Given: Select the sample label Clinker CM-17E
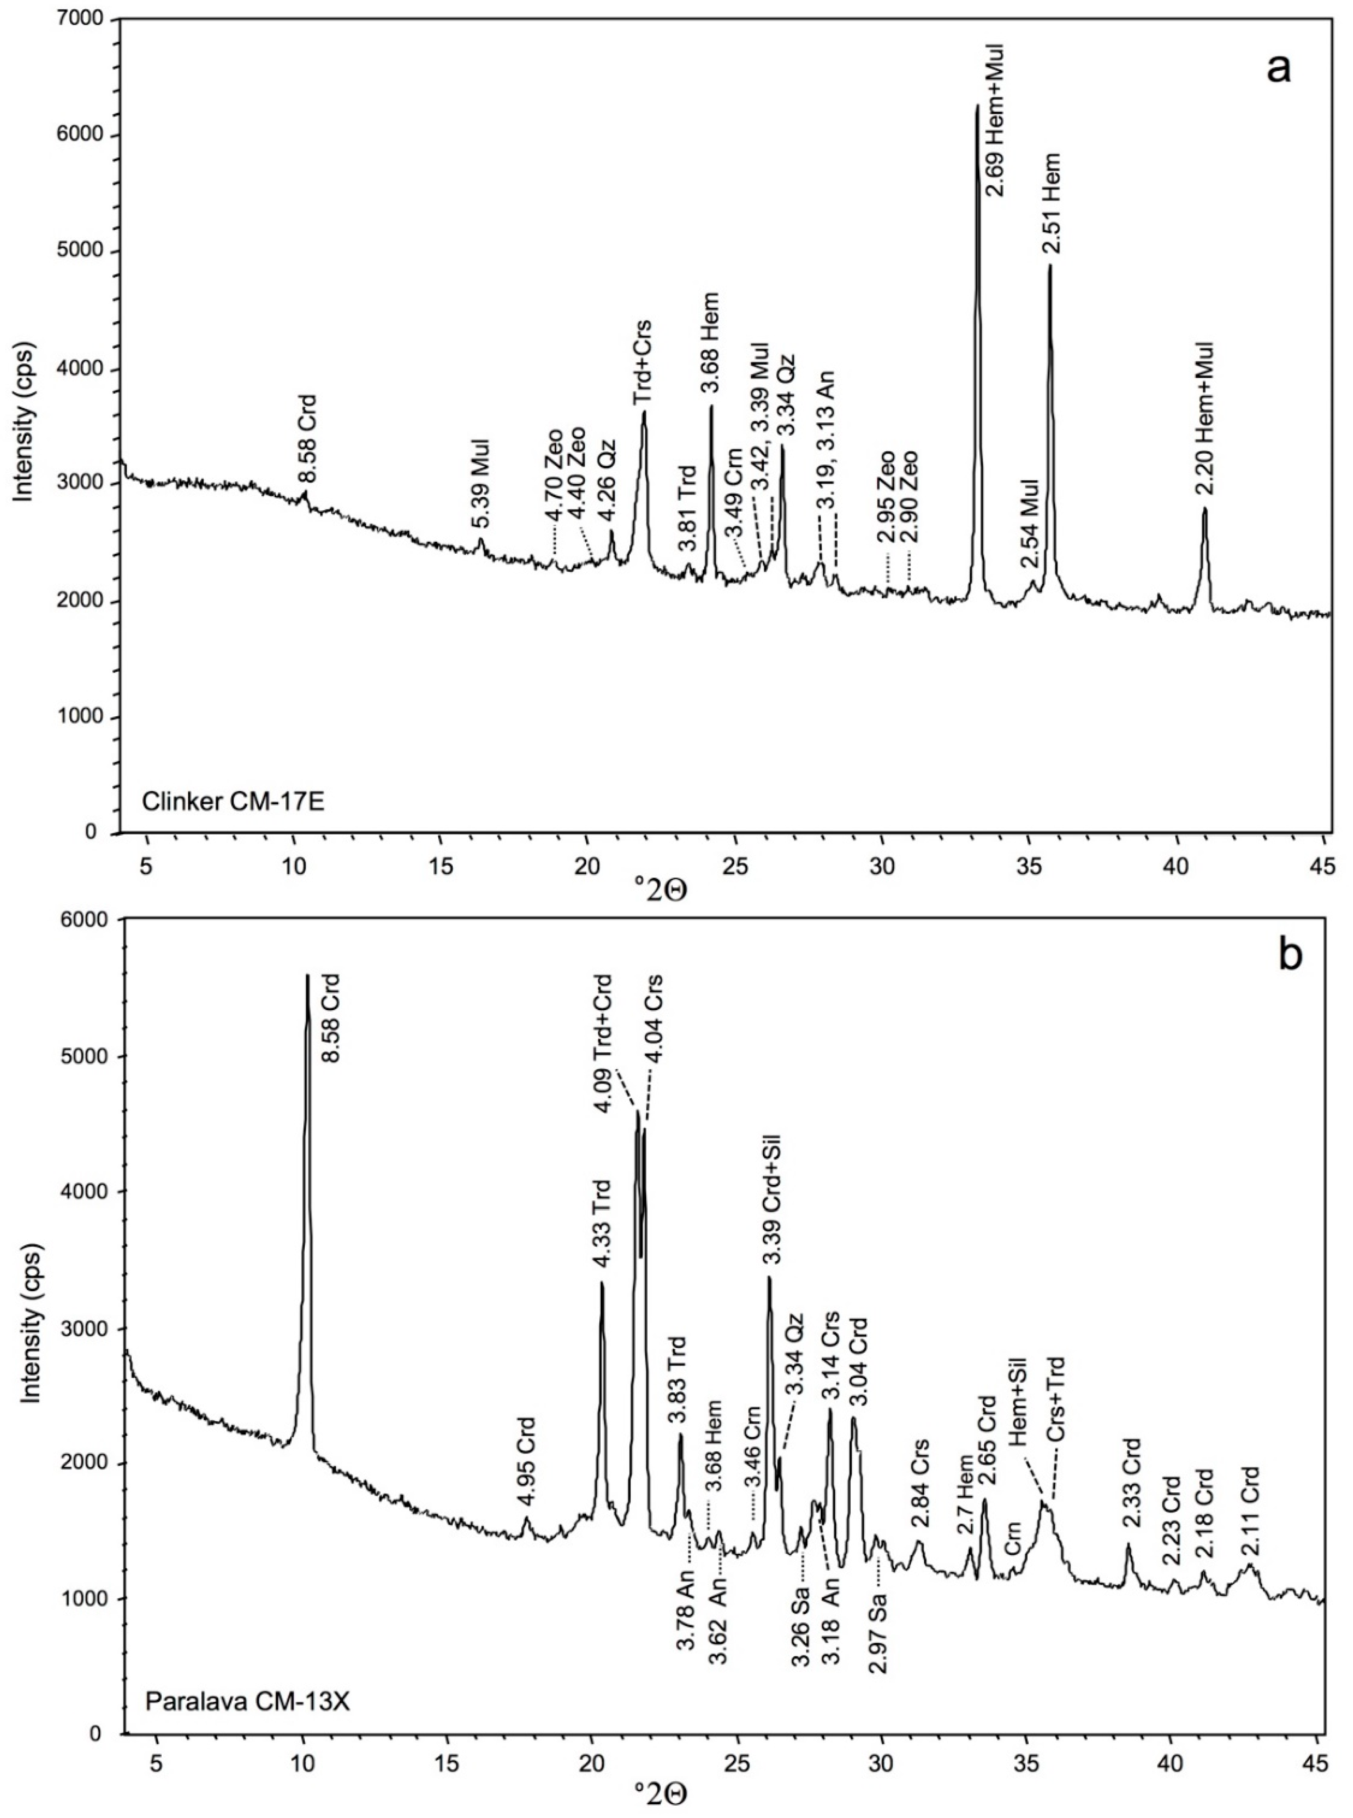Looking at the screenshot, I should point(233,801).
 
